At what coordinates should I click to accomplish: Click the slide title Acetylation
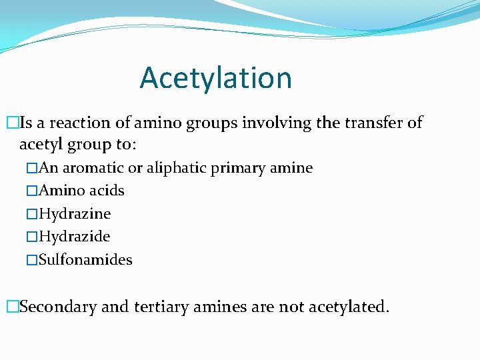click(215, 78)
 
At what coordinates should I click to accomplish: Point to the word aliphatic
click(176, 168)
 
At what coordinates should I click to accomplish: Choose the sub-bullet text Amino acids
click(81, 191)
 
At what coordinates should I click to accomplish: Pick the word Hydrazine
click(75, 214)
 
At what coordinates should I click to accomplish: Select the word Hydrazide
click(75, 237)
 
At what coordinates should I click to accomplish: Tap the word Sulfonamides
click(85, 260)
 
